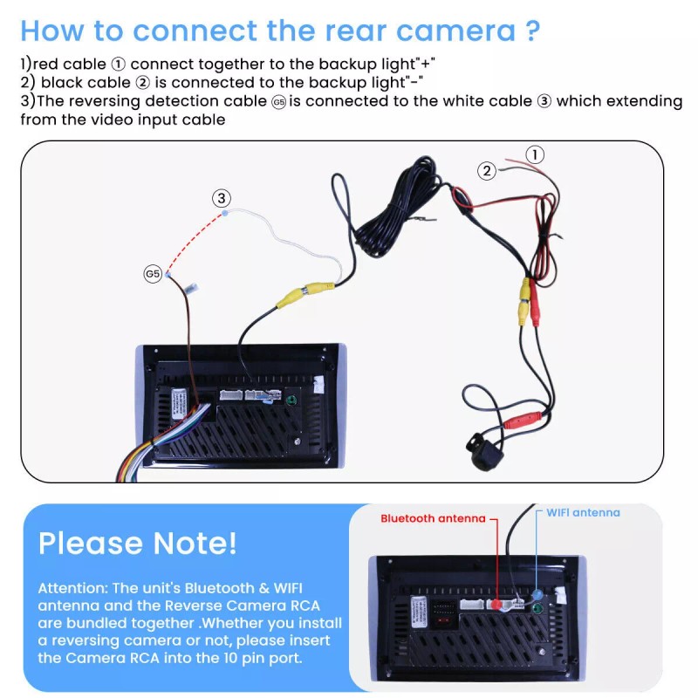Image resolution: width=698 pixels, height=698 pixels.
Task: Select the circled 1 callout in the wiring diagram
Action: point(535,154)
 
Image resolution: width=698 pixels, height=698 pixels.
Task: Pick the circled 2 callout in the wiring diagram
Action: point(487,171)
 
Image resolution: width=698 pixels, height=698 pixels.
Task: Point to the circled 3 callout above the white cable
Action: point(222,198)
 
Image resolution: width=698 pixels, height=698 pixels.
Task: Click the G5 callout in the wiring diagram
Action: point(153,273)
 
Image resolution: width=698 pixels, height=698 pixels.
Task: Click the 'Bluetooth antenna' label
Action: point(432,518)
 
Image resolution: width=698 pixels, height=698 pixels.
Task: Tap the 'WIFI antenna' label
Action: point(583,512)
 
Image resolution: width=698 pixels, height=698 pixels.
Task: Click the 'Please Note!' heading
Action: point(137,543)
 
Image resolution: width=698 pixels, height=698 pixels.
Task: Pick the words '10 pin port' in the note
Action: point(261,658)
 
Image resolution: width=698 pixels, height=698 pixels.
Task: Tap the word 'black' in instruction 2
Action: point(63,83)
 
